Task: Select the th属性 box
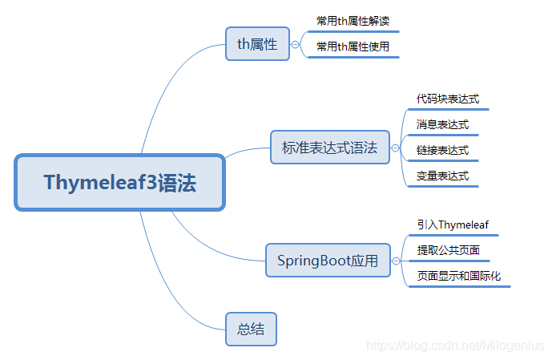pyautogui.click(x=256, y=44)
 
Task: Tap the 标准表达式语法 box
pyautogui.click(x=329, y=148)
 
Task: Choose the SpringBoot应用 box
pyautogui.click(x=328, y=261)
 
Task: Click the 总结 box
pyautogui.click(x=251, y=329)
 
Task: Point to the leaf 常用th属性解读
pyautogui.click(x=353, y=21)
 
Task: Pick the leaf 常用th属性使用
pyautogui.click(x=353, y=47)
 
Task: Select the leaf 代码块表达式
pyautogui.click(x=447, y=99)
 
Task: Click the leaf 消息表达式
pyautogui.click(x=442, y=124)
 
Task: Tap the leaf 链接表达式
pyautogui.click(x=442, y=150)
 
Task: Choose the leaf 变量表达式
pyautogui.click(x=442, y=176)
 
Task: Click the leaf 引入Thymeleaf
pyautogui.click(x=453, y=225)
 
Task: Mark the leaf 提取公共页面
pyautogui.click(x=448, y=250)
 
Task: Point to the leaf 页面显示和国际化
pyautogui.click(x=458, y=276)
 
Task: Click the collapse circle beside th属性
pyautogui.click(x=296, y=45)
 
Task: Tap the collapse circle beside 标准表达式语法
pyautogui.click(x=395, y=148)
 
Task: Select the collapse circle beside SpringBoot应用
pyautogui.click(x=396, y=261)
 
